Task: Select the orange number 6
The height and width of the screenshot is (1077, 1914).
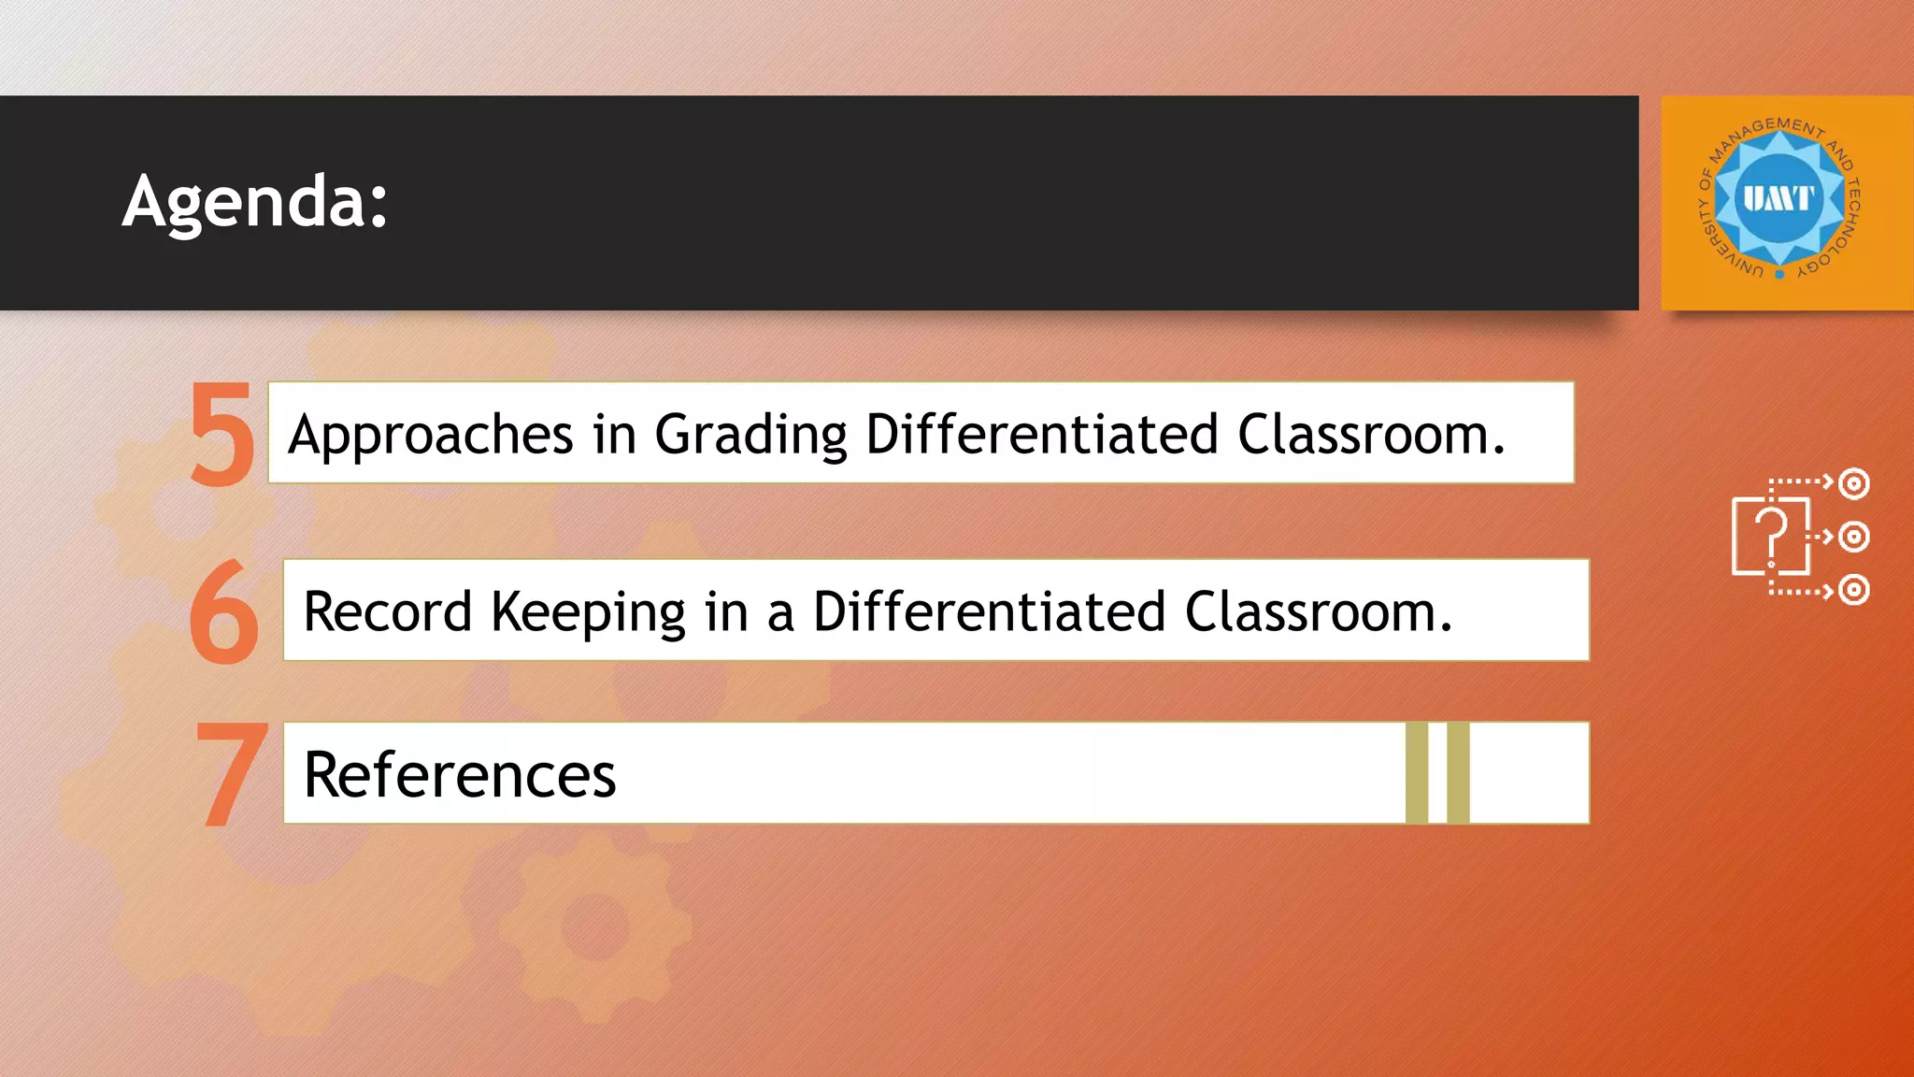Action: coord(223,612)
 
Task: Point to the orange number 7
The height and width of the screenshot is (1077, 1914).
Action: coord(230,773)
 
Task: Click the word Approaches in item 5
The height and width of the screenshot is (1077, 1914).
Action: coord(430,436)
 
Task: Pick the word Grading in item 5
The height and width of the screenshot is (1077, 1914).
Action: coord(750,436)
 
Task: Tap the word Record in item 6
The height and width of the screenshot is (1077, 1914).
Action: coord(387,612)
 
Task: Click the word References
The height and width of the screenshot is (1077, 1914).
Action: coord(460,775)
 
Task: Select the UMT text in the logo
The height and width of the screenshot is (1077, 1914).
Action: coord(1778,198)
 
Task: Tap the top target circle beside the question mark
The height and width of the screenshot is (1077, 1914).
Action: coord(1853,483)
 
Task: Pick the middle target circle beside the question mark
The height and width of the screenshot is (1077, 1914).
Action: coord(1853,537)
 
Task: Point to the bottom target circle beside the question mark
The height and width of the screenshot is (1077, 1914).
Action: coord(1853,590)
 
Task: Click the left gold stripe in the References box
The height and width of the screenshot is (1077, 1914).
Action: coord(1417,772)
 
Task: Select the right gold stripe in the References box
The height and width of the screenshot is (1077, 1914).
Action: coord(1458,772)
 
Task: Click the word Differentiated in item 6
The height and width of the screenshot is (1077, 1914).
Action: coord(989,612)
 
